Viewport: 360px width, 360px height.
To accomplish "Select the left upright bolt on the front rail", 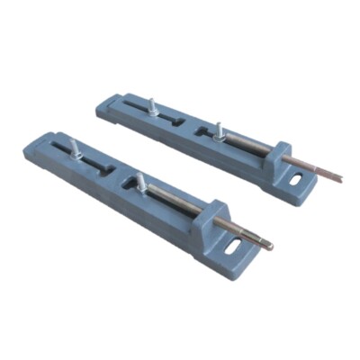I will click(x=73, y=148).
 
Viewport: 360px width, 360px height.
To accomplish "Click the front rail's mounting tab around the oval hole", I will click(x=236, y=256).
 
